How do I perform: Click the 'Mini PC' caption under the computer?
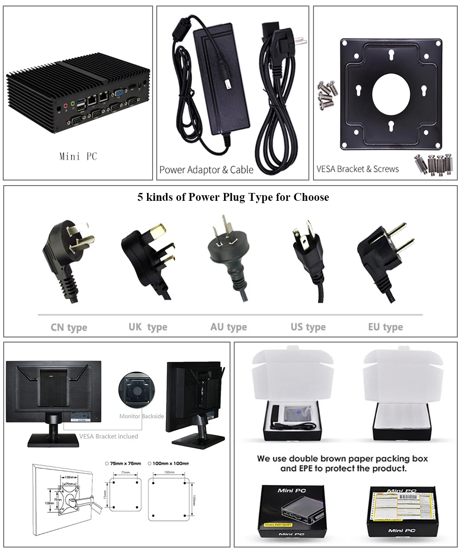coord(78,157)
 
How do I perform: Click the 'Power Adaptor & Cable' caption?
coord(206,170)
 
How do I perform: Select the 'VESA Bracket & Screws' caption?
coord(357,169)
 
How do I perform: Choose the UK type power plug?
coord(148,256)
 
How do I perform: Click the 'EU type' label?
coord(385,327)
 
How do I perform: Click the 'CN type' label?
coord(69,328)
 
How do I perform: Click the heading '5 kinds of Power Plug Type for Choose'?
coord(233,198)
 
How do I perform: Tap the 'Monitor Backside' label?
coord(142,416)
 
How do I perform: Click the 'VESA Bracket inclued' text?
coord(108,436)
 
